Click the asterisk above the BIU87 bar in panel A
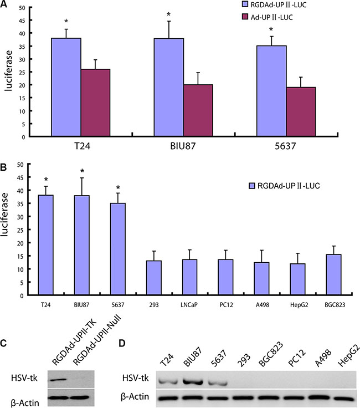168,14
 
